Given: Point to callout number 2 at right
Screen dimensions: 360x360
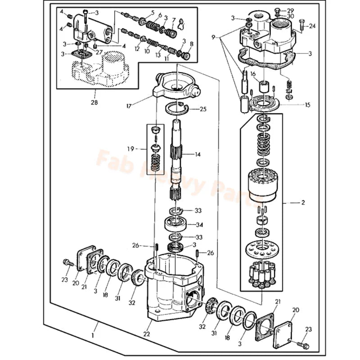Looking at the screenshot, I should pos(303,202).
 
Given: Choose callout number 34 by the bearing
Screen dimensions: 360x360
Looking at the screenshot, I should pos(198,225).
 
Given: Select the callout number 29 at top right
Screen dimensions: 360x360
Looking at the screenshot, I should pos(290,10).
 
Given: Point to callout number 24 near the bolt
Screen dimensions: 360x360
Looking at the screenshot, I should pos(312,26).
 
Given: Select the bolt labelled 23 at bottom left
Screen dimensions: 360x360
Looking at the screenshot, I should pos(68,262).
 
